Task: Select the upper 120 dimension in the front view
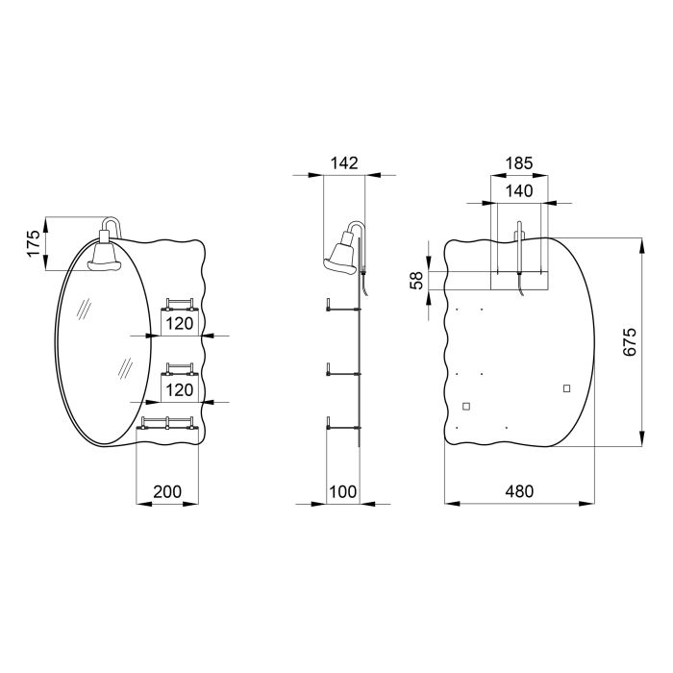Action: coord(179,323)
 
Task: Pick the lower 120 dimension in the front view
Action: coord(179,389)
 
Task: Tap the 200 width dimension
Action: coord(167,490)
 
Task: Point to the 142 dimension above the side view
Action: coord(343,162)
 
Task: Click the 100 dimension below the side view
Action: coord(343,490)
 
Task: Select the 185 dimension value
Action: coord(519,162)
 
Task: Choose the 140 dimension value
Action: coord(519,190)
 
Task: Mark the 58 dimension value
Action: coord(416,280)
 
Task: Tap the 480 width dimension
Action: coord(519,490)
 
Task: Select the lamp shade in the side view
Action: coord(341,254)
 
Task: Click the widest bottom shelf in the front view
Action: coord(168,423)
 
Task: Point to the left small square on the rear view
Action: coord(467,406)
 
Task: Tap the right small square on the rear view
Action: coord(566,387)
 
